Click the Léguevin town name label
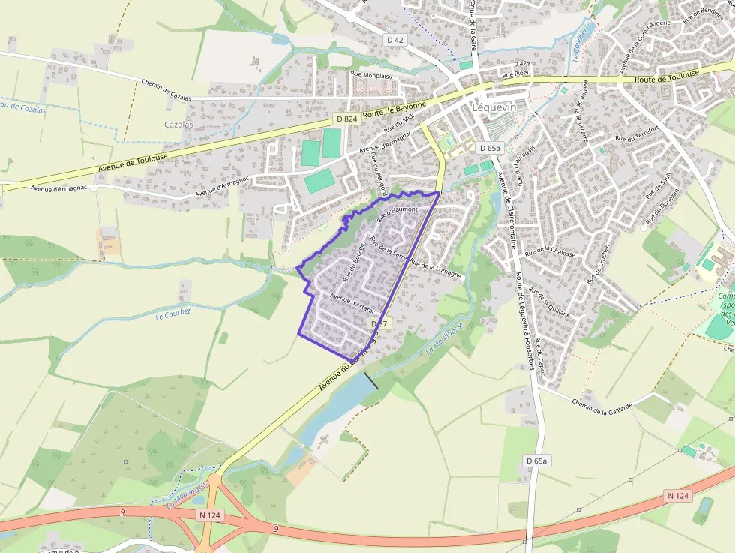pos(494,108)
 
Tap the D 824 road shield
pos(346,119)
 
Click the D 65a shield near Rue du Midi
pos(489,148)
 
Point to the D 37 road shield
pos(379,323)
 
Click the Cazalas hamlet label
pos(178,125)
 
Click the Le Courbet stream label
pos(173,312)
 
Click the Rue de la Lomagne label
pos(436,269)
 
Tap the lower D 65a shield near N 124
pos(537,461)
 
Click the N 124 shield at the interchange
pos(211,515)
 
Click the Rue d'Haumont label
pos(397,214)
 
